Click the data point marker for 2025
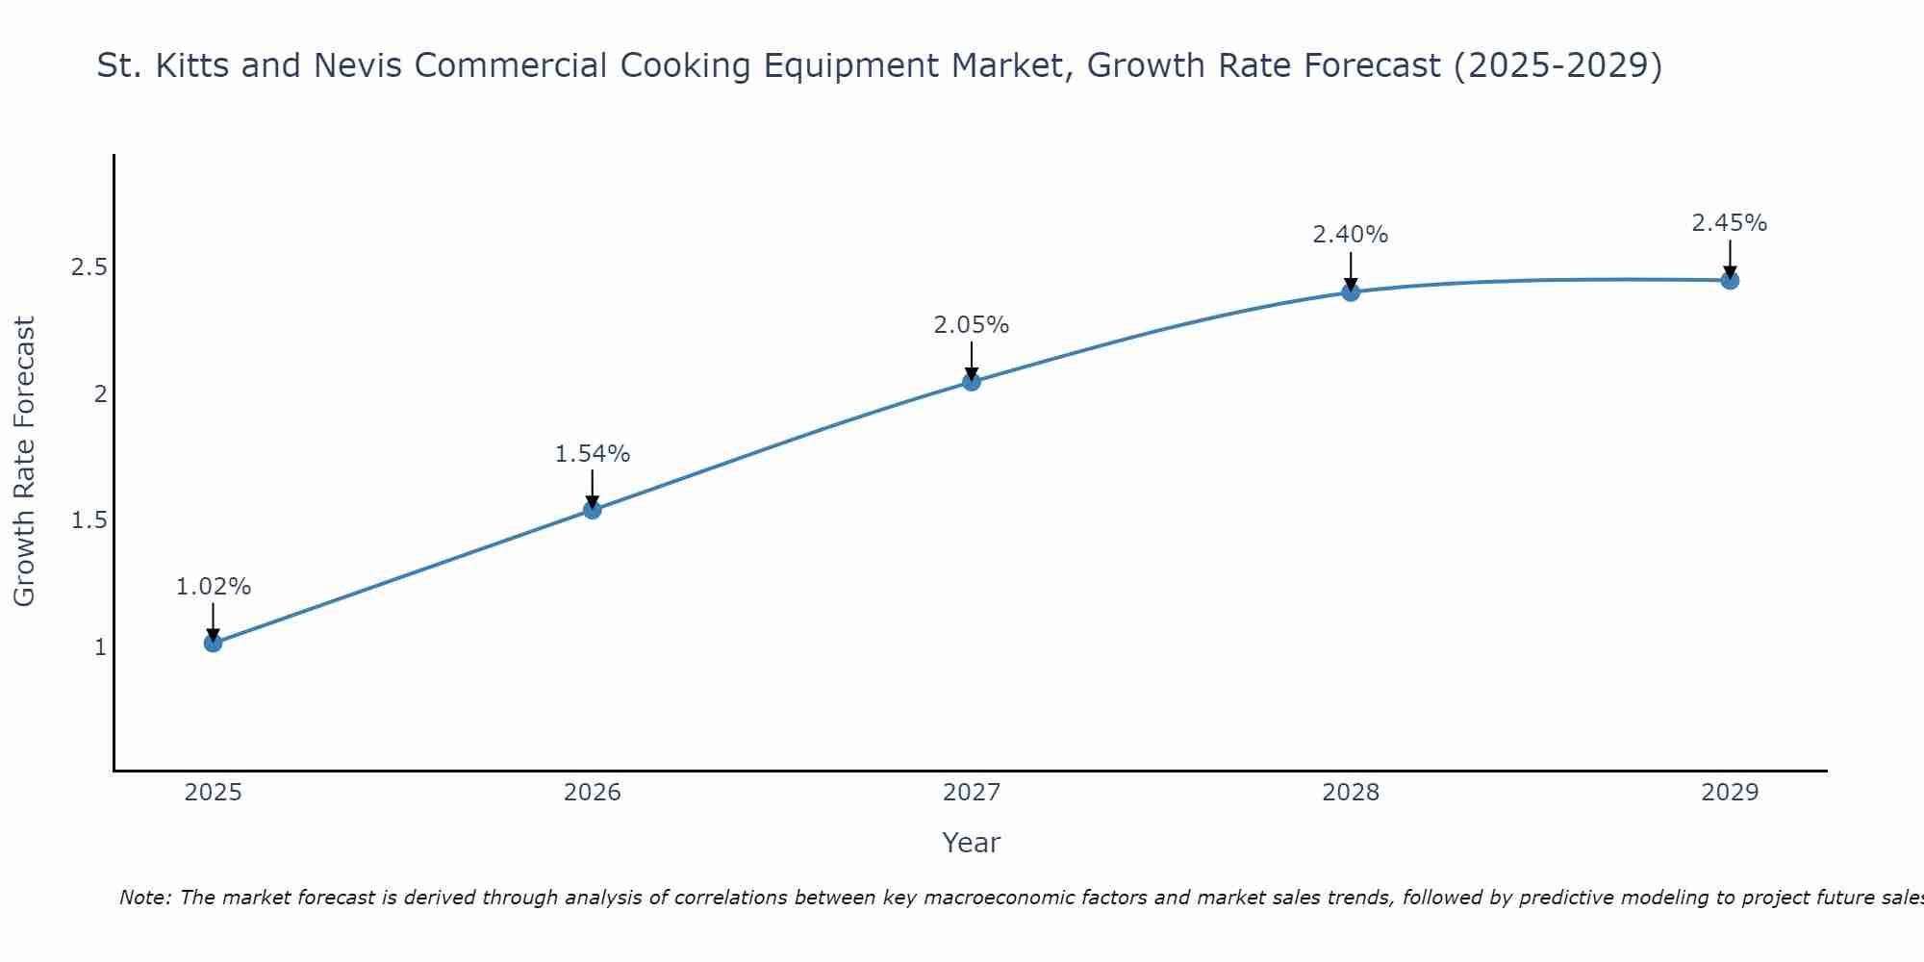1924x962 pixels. pyautogui.click(x=214, y=643)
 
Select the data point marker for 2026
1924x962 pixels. pyautogui.click(x=593, y=510)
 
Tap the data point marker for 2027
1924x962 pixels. pyautogui.click(x=972, y=382)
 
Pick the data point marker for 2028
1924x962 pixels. pyautogui.click(x=1351, y=291)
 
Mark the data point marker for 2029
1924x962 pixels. pyautogui.click(x=1730, y=281)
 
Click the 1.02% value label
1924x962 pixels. pyautogui.click(x=214, y=587)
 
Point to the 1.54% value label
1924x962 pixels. pyautogui.click(x=593, y=454)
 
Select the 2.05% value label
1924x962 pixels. pyautogui.click(x=972, y=325)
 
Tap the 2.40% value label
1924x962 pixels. pyautogui.click(x=1351, y=235)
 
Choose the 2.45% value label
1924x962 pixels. pyautogui.click(x=1730, y=223)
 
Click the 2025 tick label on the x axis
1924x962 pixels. pyautogui.click(x=214, y=793)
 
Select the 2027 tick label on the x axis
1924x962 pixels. pyautogui.click(x=972, y=793)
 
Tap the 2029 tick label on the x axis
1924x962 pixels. pyautogui.click(x=1730, y=793)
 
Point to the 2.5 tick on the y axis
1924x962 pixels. pyautogui.click(x=89, y=267)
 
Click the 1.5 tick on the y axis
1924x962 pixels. pyautogui.click(x=89, y=520)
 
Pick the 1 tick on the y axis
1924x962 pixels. pyautogui.click(x=100, y=647)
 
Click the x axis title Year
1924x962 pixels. pyautogui.click(x=972, y=843)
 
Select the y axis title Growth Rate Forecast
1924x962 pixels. pyautogui.click(x=25, y=462)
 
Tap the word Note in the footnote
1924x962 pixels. pyautogui.click(x=144, y=898)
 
